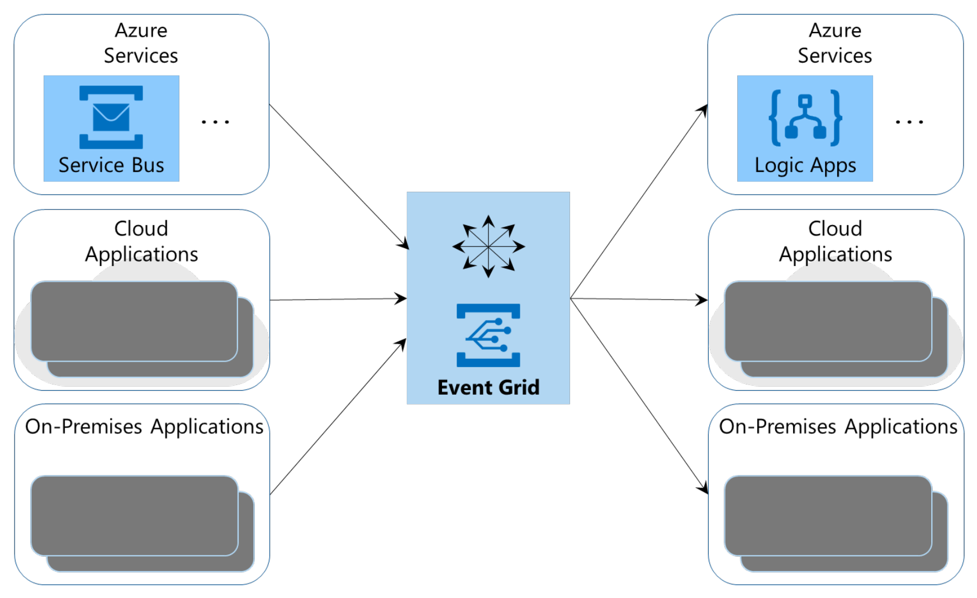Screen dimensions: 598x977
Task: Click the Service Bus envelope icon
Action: tap(111, 117)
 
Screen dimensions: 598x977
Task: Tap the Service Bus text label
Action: tap(111, 165)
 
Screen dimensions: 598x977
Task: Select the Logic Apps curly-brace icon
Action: tap(805, 117)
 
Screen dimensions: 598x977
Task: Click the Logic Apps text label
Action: tap(805, 165)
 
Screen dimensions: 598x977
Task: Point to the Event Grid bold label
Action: tap(488, 387)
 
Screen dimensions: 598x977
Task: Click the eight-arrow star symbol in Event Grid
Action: tap(488, 246)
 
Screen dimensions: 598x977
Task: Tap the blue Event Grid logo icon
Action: tap(488, 335)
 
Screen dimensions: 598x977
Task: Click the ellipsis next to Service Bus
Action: tap(215, 121)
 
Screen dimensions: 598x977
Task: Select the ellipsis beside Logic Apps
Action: tap(909, 121)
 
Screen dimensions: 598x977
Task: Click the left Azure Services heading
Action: tap(141, 43)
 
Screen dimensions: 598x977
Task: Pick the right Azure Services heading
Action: tap(834, 43)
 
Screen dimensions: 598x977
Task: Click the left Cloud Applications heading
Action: tap(141, 241)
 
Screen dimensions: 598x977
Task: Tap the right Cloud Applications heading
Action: tap(835, 241)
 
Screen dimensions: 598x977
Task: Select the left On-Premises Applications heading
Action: tap(144, 426)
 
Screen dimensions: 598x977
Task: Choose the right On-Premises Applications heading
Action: tap(838, 426)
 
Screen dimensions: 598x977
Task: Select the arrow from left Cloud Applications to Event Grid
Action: tap(338, 299)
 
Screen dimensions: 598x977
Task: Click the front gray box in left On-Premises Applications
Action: tap(134, 515)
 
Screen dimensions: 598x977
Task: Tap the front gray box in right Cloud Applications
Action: tap(828, 321)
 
